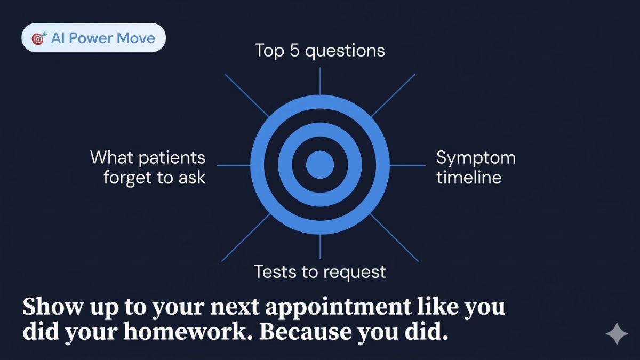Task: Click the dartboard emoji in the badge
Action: [x=39, y=38]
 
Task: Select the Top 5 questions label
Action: [x=319, y=51]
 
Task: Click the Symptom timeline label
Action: [x=476, y=167]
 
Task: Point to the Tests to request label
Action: [x=319, y=271]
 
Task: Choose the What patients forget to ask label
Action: [x=148, y=167]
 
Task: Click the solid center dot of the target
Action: [x=320, y=165]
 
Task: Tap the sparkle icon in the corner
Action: [x=617, y=333]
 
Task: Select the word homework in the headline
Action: [x=188, y=331]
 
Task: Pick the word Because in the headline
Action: [x=306, y=331]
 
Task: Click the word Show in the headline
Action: [x=53, y=306]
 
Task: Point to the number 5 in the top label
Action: [x=294, y=51]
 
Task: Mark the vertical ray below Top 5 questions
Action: [x=320, y=81]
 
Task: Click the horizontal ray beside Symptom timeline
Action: [x=407, y=165]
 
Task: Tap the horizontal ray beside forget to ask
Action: [x=234, y=165]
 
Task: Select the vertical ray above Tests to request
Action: [x=320, y=247]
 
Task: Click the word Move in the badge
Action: [x=135, y=38]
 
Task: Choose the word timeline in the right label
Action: [x=469, y=178]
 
